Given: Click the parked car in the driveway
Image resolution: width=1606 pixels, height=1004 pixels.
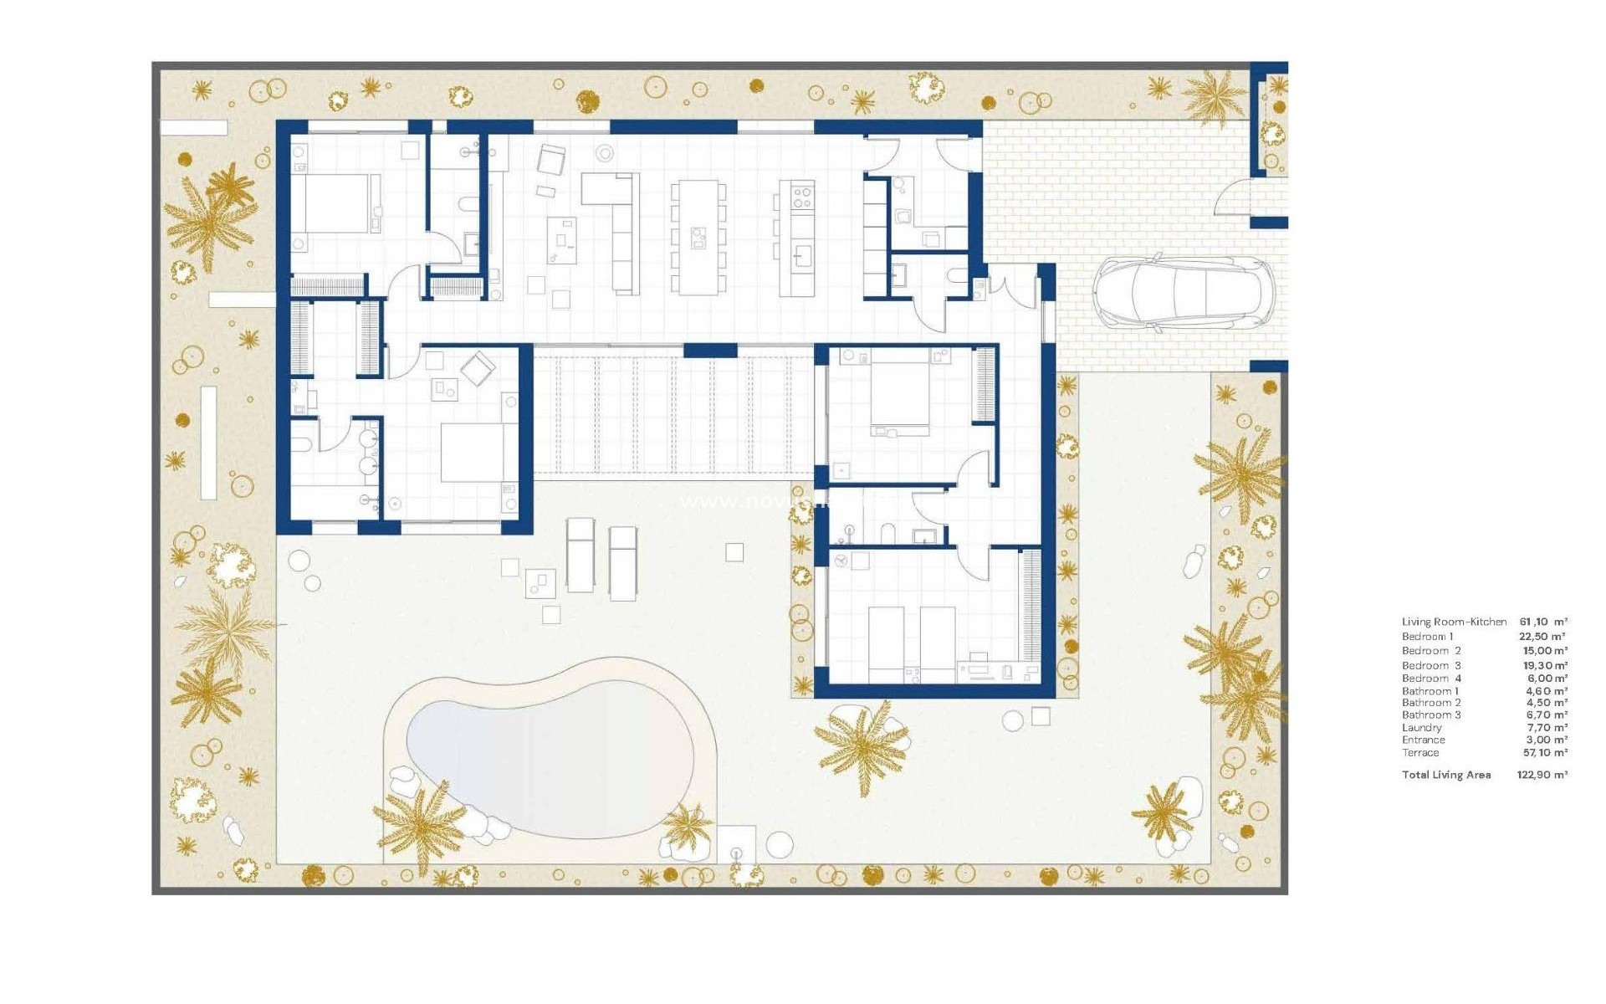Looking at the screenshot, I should pyautogui.click(x=1183, y=290).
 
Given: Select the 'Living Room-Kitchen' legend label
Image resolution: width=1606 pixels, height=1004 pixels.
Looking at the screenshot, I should pyautogui.click(x=1454, y=622).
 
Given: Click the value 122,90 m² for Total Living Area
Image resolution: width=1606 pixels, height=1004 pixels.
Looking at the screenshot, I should pyautogui.click(x=1542, y=775).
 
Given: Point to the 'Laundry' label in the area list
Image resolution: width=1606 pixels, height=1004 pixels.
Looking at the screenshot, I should pyautogui.click(x=1422, y=728).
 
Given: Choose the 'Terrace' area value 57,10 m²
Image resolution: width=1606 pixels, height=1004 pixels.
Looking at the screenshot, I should pyautogui.click(x=1544, y=753).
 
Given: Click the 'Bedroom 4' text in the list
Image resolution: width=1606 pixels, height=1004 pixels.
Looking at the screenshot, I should pyautogui.click(x=1431, y=679).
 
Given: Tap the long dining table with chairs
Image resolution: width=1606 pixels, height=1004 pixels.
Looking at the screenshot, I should pyautogui.click(x=698, y=238).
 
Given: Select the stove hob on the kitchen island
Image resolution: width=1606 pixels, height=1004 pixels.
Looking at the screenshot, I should pyautogui.click(x=802, y=197).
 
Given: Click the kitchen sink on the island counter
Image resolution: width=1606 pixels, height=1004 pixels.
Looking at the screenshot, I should pyautogui.click(x=804, y=254).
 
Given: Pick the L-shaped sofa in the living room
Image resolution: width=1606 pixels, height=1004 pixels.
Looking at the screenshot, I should pyautogui.click(x=615, y=226).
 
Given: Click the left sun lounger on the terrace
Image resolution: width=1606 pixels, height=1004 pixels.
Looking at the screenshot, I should pyautogui.click(x=581, y=555).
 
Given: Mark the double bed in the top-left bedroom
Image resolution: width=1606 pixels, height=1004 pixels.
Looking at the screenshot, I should pyautogui.click(x=335, y=203).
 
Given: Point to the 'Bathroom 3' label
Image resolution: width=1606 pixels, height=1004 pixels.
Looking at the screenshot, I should pyautogui.click(x=1431, y=715).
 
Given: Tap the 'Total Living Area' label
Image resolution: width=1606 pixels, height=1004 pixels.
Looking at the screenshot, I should pyautogui.click(x=1446, y=775).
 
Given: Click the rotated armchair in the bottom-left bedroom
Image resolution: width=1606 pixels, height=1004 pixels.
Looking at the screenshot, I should pyautogui.click(x=478, y=369).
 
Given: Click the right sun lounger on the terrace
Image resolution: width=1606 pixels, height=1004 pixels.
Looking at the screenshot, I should pyautogui.click(x=622, y=562).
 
